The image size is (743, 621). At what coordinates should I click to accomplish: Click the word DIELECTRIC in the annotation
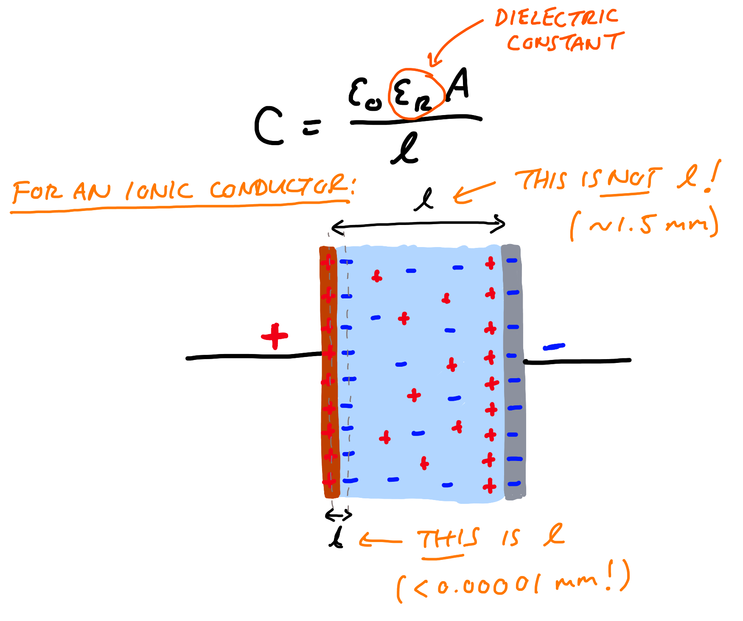pyautogui.click(x=556, y=18)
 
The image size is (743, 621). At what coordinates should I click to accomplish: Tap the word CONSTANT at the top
pyautogui.click(x=566, y=42)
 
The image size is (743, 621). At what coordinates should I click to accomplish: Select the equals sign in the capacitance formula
pyautogui.click(x=312, y=126)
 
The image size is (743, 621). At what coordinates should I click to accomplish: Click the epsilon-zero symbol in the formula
pyautogui.click(x=365, y=95)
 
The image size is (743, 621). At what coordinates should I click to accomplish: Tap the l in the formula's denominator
pyautogui.click(x=405, y=148)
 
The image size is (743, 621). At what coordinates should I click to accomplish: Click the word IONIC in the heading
pyautogui.click(x=159, y=191)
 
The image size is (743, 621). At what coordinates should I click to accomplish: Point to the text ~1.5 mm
pyautogui.click(x=645, y=224)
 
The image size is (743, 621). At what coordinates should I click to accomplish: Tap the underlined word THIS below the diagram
pyautogui.click(x=448, y=540)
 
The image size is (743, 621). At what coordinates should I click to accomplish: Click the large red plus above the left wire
pyautogui.click(x=275, y=336)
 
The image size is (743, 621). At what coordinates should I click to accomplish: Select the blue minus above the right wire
pyautogui.click(x=554, y=347)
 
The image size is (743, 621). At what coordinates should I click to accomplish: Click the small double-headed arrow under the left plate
pyautogui.click(x=339, y=515)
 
